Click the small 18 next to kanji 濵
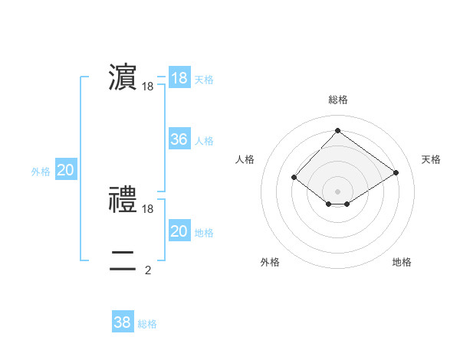pos(148,87)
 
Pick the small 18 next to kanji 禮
pos(148,208)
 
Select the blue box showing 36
pos(179,139)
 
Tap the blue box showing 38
pos(123,322)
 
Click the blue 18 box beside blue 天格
pos(179,77)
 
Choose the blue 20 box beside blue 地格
pos(179,231)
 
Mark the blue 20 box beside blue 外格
pos(66,170)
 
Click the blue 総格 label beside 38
pos(147,324)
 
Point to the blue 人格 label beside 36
pos(204,141)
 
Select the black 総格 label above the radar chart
pos(337,100)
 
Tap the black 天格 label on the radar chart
pos(432,159)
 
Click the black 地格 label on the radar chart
pos(402,262)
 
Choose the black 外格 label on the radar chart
pos(270,262)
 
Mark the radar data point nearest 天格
pos(396,172)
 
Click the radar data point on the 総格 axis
pos(337,130)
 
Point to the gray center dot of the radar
pos(337,191)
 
